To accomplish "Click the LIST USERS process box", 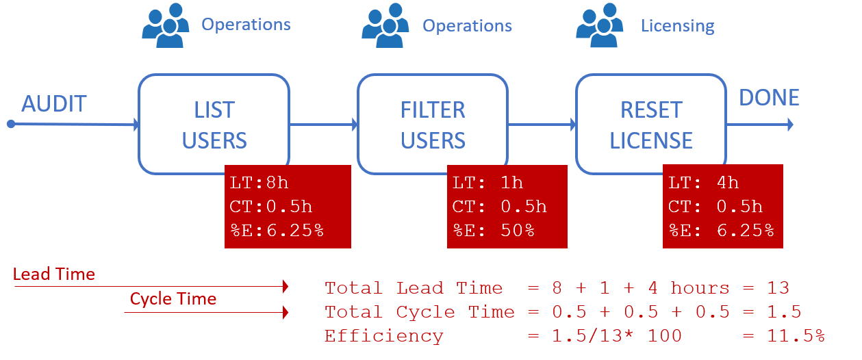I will point(214,124).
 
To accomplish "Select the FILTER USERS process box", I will point(432,124).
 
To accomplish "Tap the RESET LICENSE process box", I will point(650,124).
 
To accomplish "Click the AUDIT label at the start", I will point(54,104).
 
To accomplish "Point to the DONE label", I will point(769,98).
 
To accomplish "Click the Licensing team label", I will point(677,26).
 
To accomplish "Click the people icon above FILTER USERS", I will point(385,25).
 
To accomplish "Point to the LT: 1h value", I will point(487,183).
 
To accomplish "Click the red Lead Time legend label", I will point(53,274).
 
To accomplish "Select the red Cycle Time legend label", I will point(173,299).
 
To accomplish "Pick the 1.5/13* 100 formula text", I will point(607,336).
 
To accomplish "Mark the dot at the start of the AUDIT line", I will point(11,124).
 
